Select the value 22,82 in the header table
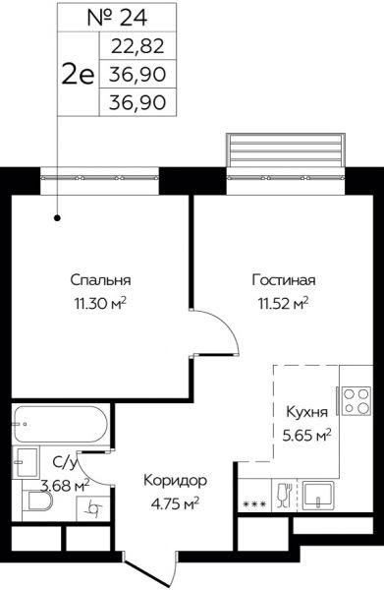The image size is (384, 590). [137, 45]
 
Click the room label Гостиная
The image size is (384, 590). [280, 278]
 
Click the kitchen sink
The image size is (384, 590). [320, 495]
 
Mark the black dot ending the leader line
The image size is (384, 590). [57, 218]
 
